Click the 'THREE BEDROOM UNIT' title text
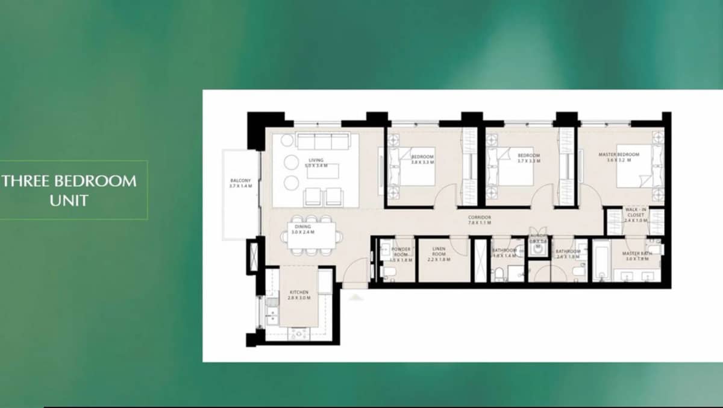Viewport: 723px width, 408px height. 69,189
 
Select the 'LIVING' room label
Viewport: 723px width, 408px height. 316,161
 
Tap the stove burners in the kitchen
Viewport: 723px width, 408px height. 298,333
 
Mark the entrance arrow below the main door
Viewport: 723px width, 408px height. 355,297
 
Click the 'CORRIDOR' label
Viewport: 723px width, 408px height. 480,219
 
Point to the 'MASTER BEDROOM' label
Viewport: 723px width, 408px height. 619,155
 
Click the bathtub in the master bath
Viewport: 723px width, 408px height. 601,262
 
